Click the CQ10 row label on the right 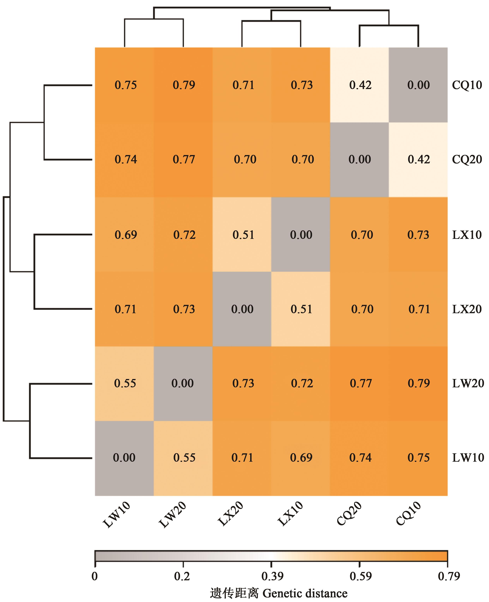click(x=467, y=85)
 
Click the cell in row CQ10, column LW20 click(x=183, y=85)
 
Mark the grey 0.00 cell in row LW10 click(x=124, y=458)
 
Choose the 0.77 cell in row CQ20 click(x=183, y=160)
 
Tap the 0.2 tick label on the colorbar click(x=182, y=577)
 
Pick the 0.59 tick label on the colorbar click(x=360, y=577)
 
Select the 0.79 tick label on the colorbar click(x=448, y=577)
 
